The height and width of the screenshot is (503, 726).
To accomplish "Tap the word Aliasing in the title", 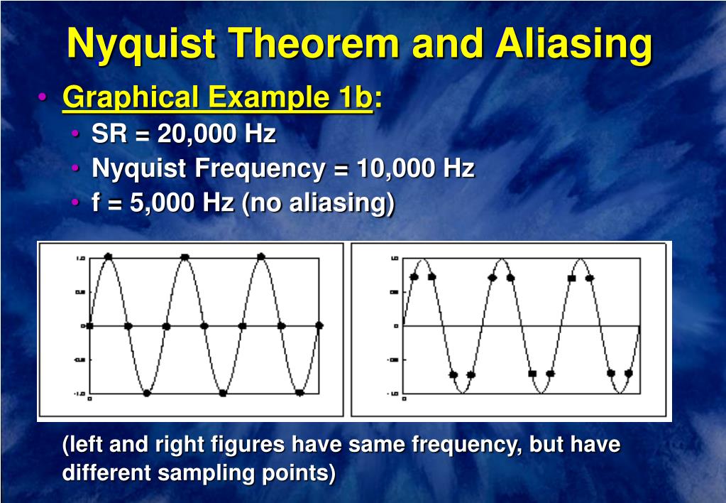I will coord(573,44).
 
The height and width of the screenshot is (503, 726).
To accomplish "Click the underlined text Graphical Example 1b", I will coord(217,98).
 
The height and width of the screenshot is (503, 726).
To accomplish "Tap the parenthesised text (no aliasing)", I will coord(318,204).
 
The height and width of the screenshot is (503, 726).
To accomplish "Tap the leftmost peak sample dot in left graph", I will coord(108,256).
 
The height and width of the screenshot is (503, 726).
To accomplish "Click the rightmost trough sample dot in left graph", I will coord(299,392).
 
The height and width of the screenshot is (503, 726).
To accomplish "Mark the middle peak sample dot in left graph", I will coord(185,256).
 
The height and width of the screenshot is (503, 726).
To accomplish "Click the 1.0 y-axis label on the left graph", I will coord(81,259).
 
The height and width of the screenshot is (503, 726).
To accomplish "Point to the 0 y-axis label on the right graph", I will coord(396,326).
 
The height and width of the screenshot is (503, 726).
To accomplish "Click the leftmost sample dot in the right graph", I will coord(414,277).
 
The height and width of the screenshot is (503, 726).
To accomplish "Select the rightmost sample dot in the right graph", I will coord(628,373).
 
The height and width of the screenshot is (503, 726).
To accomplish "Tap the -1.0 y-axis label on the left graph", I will coord(80,393).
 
